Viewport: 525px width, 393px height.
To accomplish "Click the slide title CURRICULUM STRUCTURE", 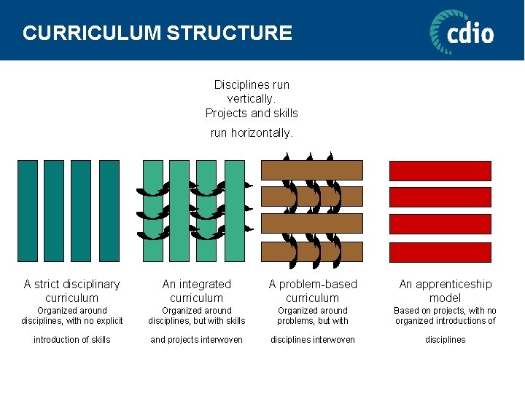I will coord(157,33).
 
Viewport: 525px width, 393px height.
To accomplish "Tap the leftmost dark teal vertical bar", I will coord(28,210).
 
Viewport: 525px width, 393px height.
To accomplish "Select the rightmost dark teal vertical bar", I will coord(109,210).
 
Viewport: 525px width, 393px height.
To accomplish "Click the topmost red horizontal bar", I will coord(440,170).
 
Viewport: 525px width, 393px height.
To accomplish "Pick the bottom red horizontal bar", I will coord(440,252).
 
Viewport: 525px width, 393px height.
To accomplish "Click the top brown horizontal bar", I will coord(312,170).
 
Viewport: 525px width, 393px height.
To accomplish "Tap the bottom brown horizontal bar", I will coord(312,252).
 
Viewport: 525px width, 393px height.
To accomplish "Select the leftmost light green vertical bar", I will coord(153,210).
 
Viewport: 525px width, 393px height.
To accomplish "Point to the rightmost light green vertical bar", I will coord(235,210).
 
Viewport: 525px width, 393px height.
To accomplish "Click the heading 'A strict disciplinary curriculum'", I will coord(71,290).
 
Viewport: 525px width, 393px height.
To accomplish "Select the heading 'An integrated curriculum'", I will coord(196,290).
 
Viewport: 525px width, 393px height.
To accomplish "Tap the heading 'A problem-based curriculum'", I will coord(312,290).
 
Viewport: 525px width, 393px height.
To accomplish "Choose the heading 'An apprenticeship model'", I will coord(446,290).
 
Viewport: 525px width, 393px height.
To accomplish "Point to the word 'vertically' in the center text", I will coord(251,99).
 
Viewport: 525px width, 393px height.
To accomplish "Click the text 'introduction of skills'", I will coord(71,340).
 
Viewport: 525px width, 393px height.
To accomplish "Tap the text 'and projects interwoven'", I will coord(196,340).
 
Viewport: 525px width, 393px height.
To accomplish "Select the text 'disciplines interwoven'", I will coord(312,340).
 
